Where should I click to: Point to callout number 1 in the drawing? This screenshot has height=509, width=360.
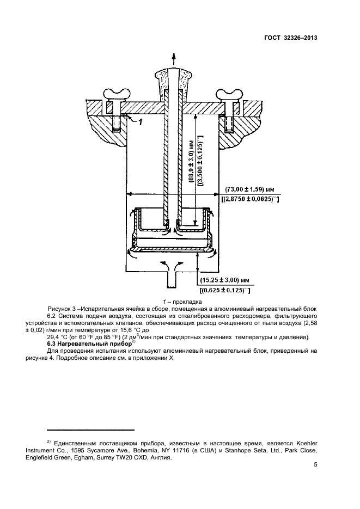click(x=140, y=122)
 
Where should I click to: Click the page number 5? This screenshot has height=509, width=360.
click(x=316, y=465)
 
